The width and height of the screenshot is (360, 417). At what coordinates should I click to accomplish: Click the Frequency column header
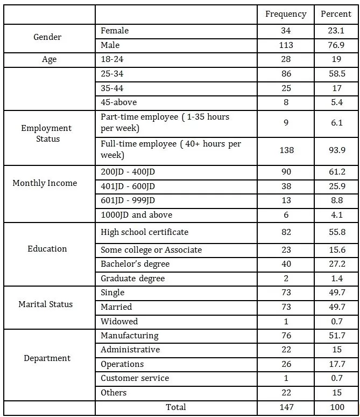click(x=286, y=14)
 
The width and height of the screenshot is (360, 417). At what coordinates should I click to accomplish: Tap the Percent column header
click(x=336, y=14)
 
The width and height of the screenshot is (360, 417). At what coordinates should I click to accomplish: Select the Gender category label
click(x=47, y=37)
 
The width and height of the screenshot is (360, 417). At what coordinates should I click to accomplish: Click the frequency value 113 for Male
click(x=286, y=45)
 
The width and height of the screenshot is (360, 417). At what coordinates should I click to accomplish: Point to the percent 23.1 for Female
click(x=336, y=31)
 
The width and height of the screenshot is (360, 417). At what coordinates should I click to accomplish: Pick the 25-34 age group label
click(x=112, y=73)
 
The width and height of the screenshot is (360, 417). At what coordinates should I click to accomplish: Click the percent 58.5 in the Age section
click(x=336, y=73)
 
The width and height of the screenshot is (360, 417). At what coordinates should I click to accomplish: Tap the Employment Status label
click(x=46, y=133)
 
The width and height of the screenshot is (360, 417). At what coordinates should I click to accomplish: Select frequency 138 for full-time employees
click(x=286, y=150)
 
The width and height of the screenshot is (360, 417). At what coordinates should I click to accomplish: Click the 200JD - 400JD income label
click(x=129, y=172)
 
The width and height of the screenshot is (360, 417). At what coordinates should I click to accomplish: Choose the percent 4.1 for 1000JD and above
click(x=336, y=214)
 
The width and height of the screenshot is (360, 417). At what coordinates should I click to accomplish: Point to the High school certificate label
click(x=144, y=232)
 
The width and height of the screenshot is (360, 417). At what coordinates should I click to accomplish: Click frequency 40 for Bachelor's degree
click(x=286, y=264)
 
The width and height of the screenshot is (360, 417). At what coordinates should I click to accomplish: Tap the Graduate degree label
click(x=132, y=279)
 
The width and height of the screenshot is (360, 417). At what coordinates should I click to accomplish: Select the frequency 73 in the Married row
click(x=286, y=307)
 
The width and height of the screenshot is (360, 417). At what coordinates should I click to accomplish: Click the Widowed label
click(x=119, y=321)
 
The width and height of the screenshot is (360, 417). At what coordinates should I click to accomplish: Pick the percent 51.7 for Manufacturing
click(x=336, y=336)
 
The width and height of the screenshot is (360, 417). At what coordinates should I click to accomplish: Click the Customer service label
click(x=135, y=378)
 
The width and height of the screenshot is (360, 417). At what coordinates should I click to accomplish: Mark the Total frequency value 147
click(x=286, y=407)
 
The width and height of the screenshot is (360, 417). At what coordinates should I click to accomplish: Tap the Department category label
click(x=47, y=358)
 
